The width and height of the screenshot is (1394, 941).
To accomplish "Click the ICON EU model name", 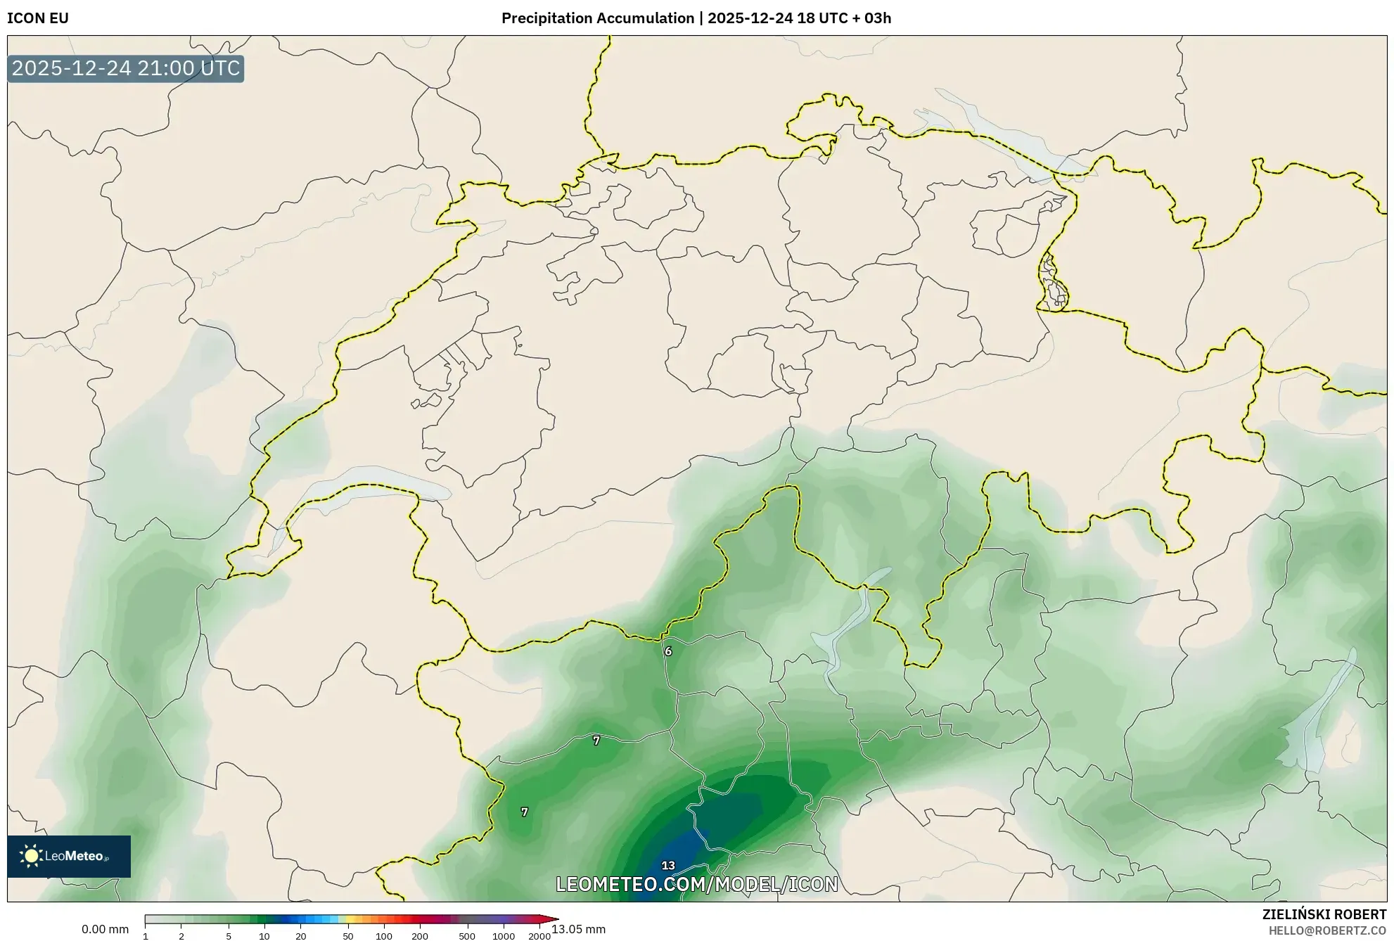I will pos(38,18).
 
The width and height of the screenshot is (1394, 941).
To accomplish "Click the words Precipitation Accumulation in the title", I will pos(597,18).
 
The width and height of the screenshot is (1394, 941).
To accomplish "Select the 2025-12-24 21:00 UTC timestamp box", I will pos(126,69).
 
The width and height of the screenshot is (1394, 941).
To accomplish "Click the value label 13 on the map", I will pos(668,866).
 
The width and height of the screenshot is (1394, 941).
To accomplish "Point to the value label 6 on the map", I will pos(668,651).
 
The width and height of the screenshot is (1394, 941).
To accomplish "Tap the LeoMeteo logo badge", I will pos(69,856).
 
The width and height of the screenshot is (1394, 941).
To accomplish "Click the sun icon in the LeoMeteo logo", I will pos(31,856).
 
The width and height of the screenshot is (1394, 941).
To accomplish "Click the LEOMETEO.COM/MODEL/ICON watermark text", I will pos(696,884).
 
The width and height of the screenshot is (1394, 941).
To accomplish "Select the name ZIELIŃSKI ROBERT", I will pos(1324,914).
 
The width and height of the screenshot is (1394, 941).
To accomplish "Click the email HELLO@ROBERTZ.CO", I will pos(1327,930).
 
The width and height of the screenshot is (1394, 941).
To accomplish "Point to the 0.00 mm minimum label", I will pos(105,929).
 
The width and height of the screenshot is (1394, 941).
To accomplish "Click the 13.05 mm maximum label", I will pos(579,929).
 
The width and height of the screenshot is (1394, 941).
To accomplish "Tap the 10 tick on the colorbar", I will pos(264,936).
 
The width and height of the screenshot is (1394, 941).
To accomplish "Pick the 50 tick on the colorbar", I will pos(347,936).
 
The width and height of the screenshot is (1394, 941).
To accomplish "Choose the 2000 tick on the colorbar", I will pos(539,936).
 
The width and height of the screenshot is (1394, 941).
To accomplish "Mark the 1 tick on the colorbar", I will pos(146,936).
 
